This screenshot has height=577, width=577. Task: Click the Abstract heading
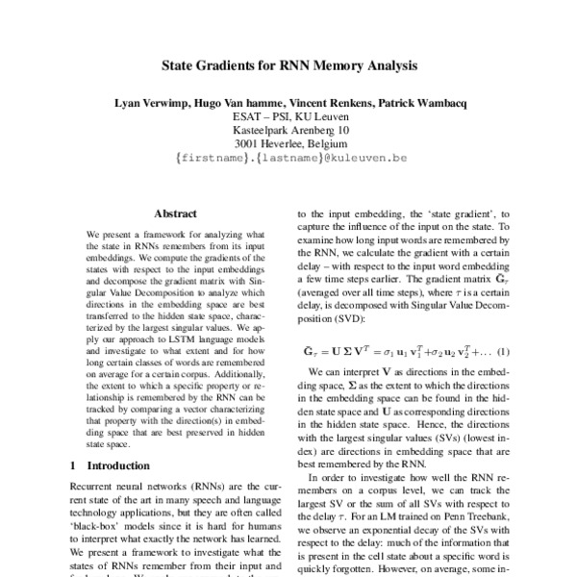click(x=174, y=215)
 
